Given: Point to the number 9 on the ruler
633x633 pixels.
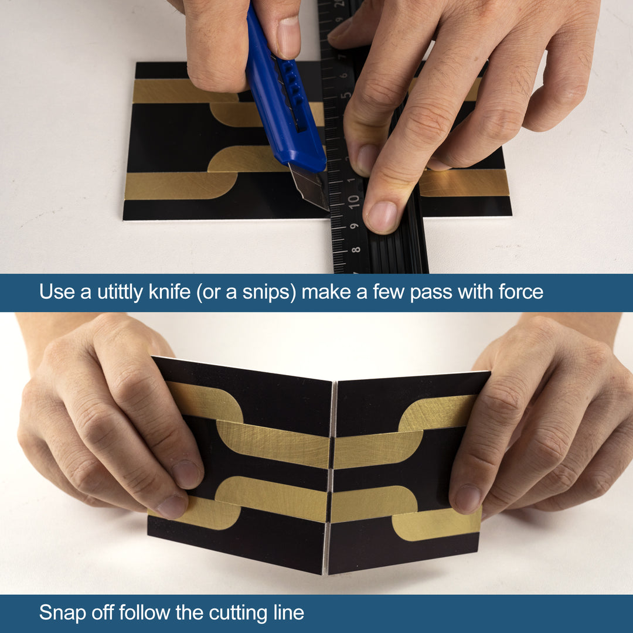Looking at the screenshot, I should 355,226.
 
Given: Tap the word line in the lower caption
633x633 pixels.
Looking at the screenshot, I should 287,613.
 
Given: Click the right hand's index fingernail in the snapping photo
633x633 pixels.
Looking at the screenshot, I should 468,498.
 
